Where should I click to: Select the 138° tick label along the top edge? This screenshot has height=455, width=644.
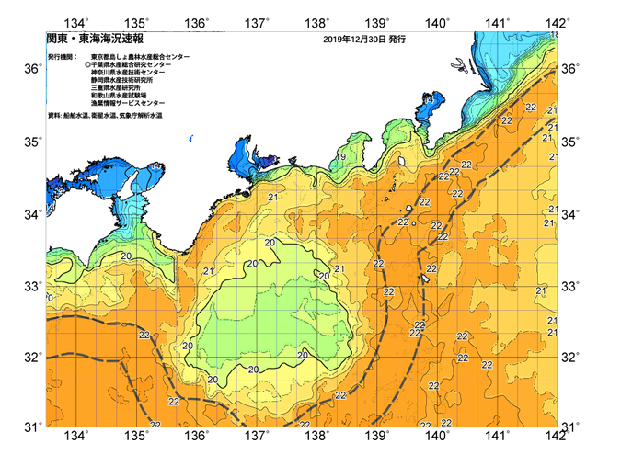317,21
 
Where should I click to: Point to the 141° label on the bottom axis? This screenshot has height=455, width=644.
497,435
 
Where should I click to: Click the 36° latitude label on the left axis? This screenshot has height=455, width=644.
31,69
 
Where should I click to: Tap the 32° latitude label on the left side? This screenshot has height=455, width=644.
31,357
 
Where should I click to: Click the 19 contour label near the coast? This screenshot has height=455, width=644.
340,157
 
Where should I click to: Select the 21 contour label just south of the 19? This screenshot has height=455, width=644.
272,198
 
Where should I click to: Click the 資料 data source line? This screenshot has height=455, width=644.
118,115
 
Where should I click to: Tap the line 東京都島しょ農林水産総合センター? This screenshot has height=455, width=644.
141,57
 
